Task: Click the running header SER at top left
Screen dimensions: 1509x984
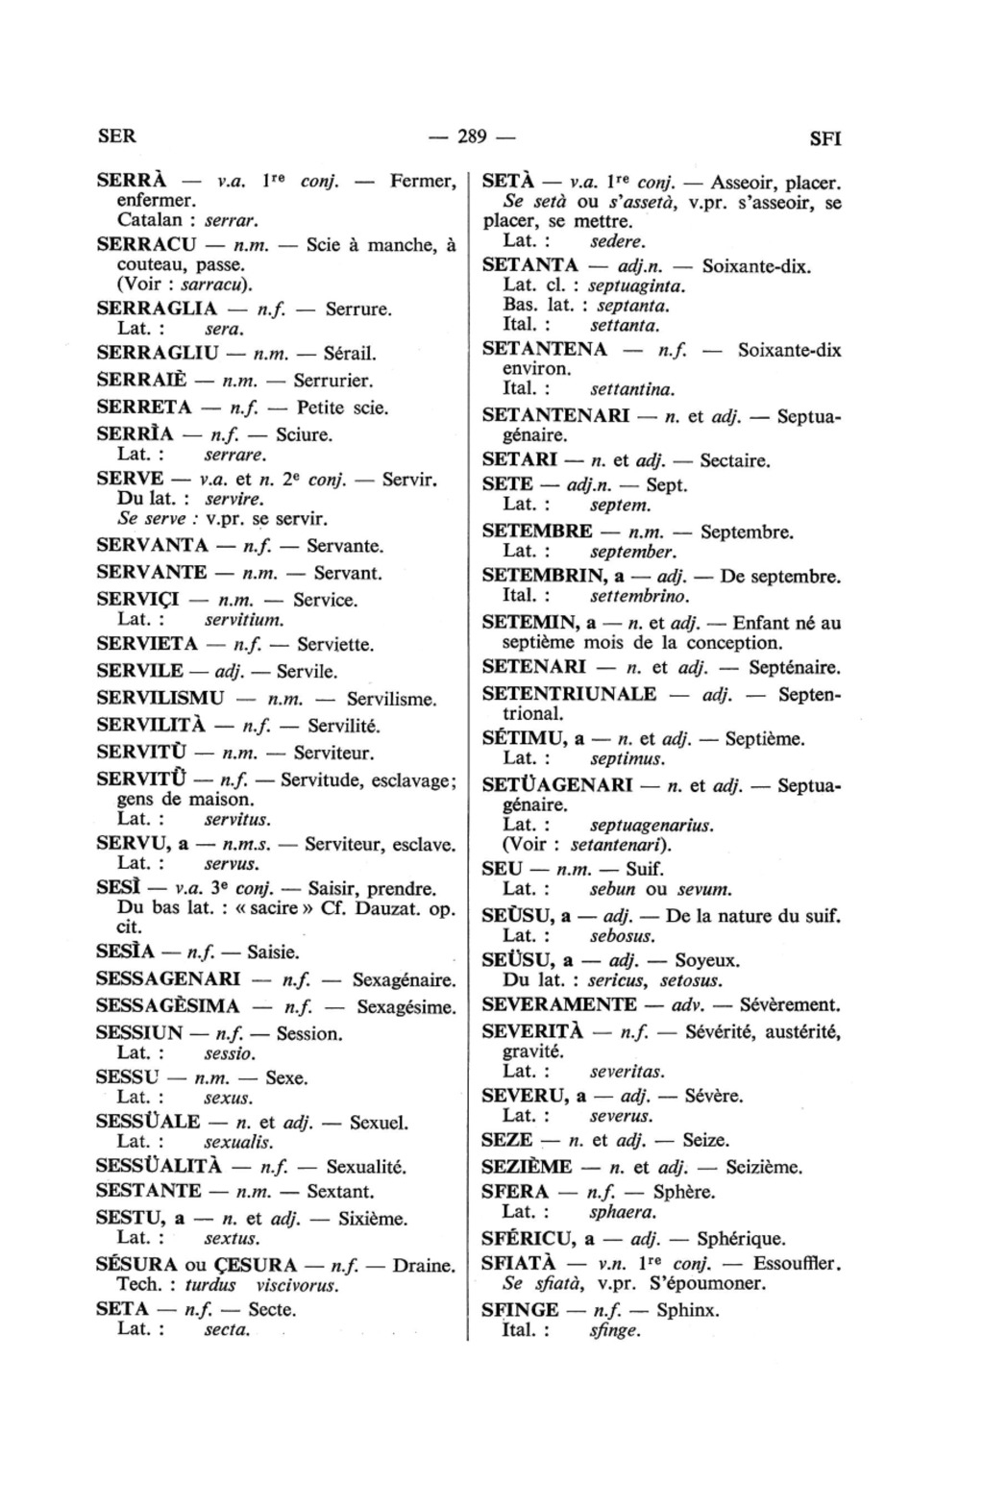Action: pos(117,136)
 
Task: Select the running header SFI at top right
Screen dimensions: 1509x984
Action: pos(824,138)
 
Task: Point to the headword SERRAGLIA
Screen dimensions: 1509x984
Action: pos(157,309)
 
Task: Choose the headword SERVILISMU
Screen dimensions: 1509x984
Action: pos(160,699)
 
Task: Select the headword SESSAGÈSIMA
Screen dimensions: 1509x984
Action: pos(168,1007)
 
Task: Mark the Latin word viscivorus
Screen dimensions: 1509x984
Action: pos(299,1286)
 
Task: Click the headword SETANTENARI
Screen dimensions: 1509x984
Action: pos(555,416)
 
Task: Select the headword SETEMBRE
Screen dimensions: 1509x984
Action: pos(536,532)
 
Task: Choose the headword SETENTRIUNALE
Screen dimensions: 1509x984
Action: pos(569,694)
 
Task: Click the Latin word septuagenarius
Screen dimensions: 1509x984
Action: pos(652,826)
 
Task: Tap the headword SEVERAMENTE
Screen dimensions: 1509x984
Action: pos(558,1004)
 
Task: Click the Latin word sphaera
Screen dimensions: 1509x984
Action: pos(624,1213)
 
